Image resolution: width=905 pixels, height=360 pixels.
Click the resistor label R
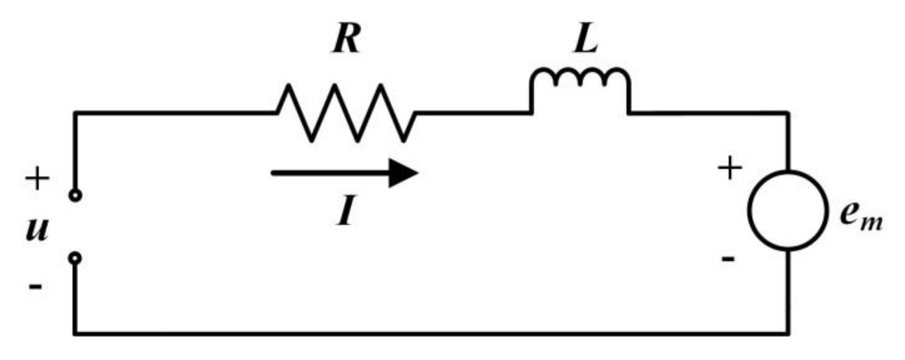(x=346, y=39)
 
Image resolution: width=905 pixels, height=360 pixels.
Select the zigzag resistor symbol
(x=346, y=113)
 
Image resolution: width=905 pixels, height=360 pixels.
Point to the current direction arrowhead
(x=403, y=173)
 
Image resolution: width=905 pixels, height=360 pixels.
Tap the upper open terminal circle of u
(x=75, y=195)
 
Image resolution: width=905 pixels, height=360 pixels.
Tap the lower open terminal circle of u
(x=75, y=258)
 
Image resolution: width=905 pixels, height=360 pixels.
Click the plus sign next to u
(x=37, y=178)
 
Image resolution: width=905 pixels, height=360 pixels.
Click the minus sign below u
(x=36, y=287)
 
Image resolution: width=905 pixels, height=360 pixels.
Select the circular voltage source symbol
(x=788, y=210)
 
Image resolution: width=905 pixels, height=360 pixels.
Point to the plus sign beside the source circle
(x=729, y=168)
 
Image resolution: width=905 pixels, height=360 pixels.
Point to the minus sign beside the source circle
(x=728, y=259)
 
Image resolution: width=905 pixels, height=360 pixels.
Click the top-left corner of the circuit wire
(x=75, y=113)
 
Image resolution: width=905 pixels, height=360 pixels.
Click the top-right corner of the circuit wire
(x=788, y=113)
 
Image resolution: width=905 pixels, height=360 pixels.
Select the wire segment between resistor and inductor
(x=473, y=113)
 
